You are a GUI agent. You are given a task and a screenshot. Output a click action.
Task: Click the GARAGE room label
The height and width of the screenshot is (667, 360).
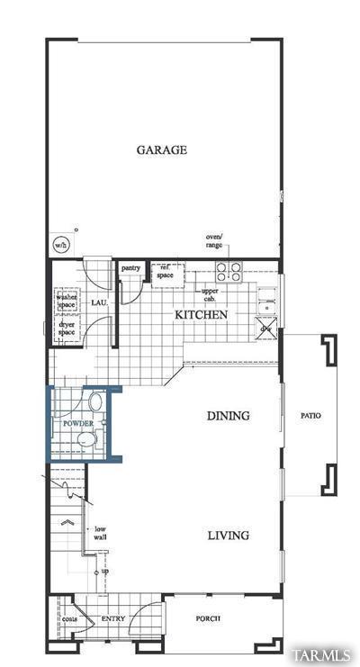pyautogui.click(x=162, y=150)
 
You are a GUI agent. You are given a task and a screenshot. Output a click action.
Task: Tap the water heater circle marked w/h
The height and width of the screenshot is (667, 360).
pyautogui.click(x=60, y=244)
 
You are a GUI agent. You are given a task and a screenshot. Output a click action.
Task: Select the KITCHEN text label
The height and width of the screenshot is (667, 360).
pyautogui.click(x=201, y=315)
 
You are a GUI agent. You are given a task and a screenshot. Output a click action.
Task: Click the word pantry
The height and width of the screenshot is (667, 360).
pyautogui.click(x=130, y=267)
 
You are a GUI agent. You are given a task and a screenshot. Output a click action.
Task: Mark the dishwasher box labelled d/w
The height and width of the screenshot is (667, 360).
pyautogui.click(x=266, y=330)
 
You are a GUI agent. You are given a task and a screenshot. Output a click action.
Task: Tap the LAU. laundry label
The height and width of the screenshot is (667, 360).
pyautogui.click(x=99, y=302)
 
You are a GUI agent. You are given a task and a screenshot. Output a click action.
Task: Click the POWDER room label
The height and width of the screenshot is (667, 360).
pyautogui.click(x=77, y=423)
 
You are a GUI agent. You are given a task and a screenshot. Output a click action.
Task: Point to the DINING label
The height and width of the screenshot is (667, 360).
pyautogui.click(x=228, y=416)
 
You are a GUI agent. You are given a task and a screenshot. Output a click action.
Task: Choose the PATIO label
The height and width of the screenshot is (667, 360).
pyautogui.click(x=310, y=416)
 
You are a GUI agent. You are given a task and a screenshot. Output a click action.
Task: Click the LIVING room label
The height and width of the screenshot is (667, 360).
pyautogui.click(x=228, y=536)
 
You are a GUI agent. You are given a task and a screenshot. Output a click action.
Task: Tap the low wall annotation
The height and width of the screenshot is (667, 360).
pyautogui.click(x=100, y=533)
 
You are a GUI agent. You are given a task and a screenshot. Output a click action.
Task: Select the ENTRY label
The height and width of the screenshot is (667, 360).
pyautogui.click(x=112, y=619)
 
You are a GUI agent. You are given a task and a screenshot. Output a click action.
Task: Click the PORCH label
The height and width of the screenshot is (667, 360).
pyautogui.click(x=208, y=619)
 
